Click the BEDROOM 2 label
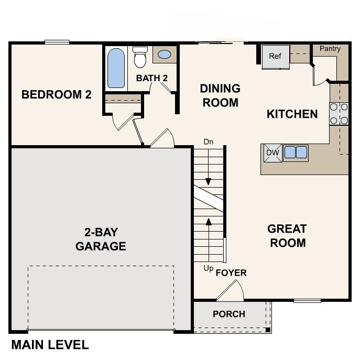[56, 95]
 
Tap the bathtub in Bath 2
[116, 68]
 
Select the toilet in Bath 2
[140, 58]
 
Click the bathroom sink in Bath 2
[164, 54]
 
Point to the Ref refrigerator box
[276, 57]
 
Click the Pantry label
[330, 49]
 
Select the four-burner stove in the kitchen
[339, 114]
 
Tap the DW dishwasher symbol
[271, 152]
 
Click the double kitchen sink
[296, 152]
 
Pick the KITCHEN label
[292, 114]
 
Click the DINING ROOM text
[220, 95]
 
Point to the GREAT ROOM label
[287, 236]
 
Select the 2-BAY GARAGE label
[101, 239]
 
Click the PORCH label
[228, 314]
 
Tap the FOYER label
[231, 273]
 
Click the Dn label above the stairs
[208, 142]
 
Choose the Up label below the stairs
[209, 268]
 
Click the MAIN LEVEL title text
[50, 345]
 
